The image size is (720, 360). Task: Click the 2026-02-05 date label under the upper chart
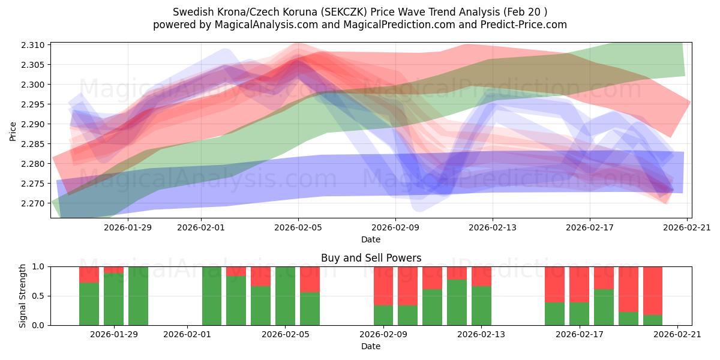[298, 227]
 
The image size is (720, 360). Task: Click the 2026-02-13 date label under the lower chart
[481, 335]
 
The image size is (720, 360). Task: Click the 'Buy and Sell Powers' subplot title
[371, 258]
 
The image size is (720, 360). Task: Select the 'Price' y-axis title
[13, 130]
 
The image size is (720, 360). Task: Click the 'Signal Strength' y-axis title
[22, 296]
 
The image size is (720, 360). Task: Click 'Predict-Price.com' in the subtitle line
[523, 25]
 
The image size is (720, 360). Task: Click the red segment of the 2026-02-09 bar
[383, 286]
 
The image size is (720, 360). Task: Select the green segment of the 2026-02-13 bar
[481, 305]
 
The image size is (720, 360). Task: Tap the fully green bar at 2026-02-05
[286, 296]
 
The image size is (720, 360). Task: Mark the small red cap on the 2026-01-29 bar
[113, 269]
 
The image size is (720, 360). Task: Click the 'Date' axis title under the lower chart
[371, 346]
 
